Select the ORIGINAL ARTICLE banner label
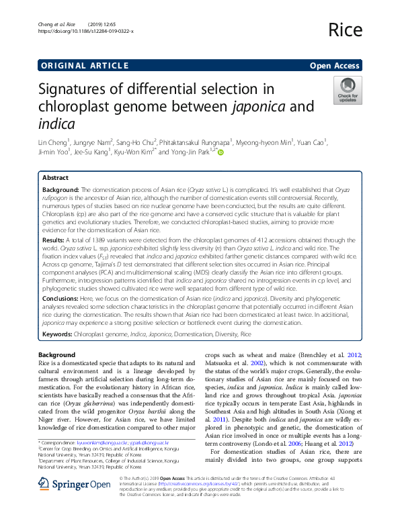click(x=85, y=65)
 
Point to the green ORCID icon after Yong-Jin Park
click(x=220, y=152)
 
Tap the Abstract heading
click(x=55, y=178)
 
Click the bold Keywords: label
click(x=58, y=334)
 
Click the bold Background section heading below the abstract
click(x=56, y=354)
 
